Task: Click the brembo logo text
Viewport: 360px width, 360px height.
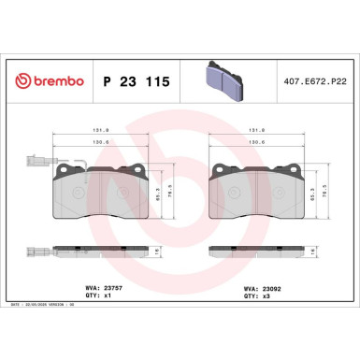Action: pyautogui.click(x=46, y=81)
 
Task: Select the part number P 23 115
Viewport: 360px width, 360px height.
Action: pyautogui.click(x=135, y=82)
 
